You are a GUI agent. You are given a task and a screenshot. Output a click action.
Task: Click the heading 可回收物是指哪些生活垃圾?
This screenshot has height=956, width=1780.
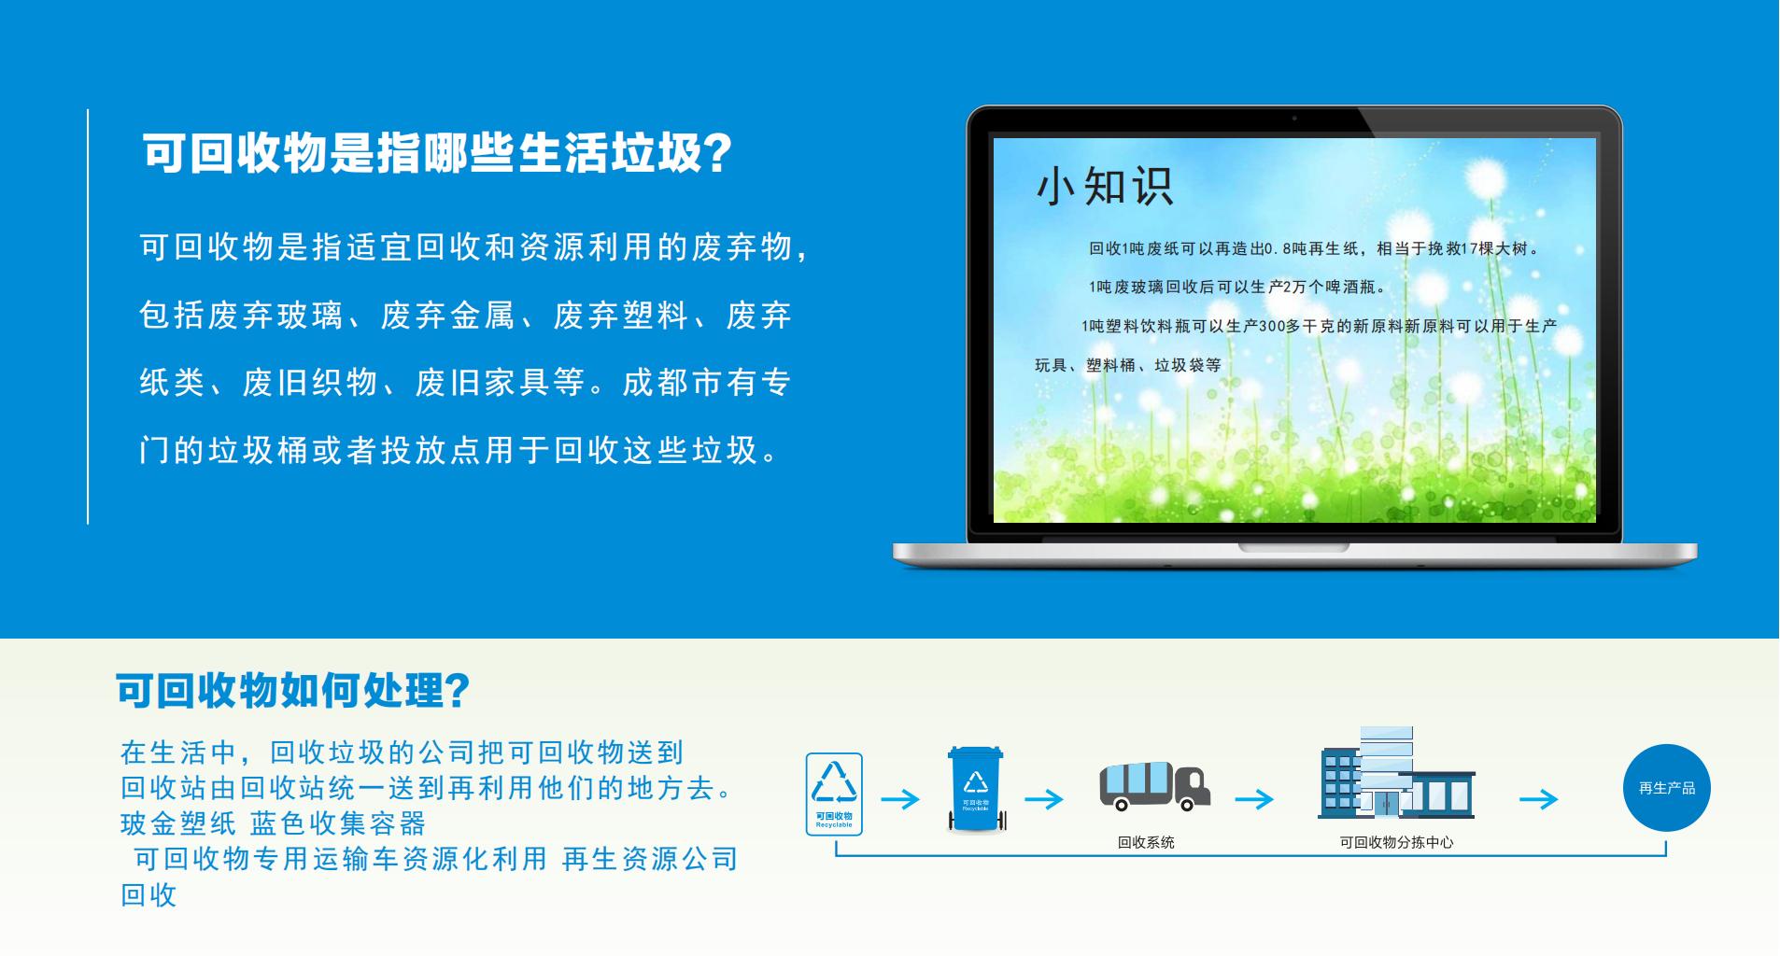tap(436, 152)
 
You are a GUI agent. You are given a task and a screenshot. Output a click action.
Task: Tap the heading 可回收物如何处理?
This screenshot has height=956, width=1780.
tap(292, 691)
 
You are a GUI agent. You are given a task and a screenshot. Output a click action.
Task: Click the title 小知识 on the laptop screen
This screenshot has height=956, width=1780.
tap(1105, 187)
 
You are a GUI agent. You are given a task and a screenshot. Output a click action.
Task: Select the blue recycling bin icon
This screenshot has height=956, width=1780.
tap(976, 789)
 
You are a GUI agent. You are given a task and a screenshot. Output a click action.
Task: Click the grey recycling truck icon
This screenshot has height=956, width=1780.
tap(1155, 786)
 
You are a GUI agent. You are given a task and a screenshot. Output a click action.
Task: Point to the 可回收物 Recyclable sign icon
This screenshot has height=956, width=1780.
tap(834, 794)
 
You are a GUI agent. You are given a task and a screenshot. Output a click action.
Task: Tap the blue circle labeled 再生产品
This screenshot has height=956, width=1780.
tap(1667, 788)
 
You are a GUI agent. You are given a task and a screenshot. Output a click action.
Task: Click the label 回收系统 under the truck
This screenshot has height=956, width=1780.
tap(1146, 842)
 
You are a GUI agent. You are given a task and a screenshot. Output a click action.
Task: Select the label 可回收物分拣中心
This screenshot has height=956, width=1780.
tap(1396, 842)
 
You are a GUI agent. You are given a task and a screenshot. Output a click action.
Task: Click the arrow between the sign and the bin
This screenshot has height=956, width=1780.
tap(900, 799)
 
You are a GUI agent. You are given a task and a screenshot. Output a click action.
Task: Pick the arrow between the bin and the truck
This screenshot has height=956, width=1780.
tap(1044, 799)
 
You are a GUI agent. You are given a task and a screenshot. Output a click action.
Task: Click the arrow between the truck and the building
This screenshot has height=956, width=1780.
tap(1254, 799)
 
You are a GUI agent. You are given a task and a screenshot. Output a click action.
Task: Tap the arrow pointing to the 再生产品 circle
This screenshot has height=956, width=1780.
tap(1539, 799)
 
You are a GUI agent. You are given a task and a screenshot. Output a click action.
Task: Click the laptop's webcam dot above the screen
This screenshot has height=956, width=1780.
tap(1294, 119)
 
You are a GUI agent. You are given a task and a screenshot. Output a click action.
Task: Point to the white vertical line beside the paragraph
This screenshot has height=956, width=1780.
tap(89, 316)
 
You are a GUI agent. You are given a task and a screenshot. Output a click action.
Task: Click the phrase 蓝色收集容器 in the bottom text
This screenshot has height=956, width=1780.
tap(338, 823)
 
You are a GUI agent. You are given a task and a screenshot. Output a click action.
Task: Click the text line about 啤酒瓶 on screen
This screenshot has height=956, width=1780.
tap(1237, 287)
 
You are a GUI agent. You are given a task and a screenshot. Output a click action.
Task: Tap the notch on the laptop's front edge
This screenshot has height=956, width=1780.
tap(1294, 547)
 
